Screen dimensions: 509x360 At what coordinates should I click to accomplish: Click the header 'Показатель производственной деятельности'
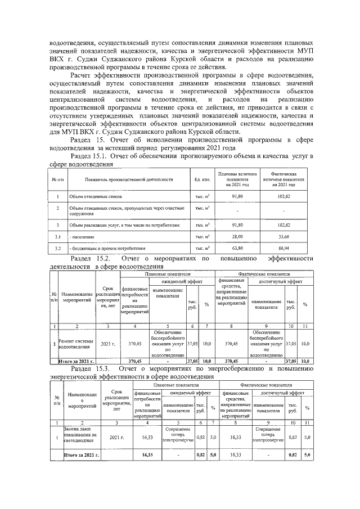129,179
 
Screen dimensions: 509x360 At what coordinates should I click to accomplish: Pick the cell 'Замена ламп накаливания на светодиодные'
80,436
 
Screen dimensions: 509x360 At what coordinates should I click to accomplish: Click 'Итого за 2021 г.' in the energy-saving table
80,454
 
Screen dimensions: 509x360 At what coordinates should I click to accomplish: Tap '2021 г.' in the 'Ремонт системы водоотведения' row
107,344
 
